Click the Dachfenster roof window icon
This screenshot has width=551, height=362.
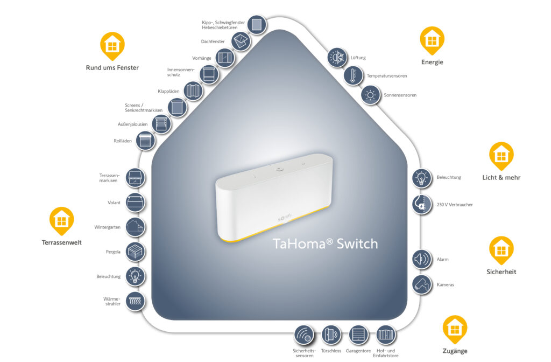pos(241,41)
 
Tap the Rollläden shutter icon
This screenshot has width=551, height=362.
pos(145,141)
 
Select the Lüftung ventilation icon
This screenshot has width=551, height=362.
pos(338,57)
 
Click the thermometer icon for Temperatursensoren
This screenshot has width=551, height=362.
pos(354,76)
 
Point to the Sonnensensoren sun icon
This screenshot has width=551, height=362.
pos(370,95)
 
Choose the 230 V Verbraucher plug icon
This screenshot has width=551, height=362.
pos(422,205)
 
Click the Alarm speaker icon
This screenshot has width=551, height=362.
pos(422,260)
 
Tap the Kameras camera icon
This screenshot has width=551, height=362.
pos(422,284)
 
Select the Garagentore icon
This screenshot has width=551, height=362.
pos(358,335)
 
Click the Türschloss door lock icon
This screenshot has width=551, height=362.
pos(331,335)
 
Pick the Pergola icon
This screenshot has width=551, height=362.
pos(135,252)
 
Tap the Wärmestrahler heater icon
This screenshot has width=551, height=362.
pos(135,301)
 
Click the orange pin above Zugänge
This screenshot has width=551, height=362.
pos(455,329)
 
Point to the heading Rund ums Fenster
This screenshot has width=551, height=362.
pos(112,68)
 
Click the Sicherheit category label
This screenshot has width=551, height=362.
pos(501,272)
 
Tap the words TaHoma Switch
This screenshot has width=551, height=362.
pos(325,243)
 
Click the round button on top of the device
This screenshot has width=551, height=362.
pos(279,168)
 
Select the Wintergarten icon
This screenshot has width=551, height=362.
pos(135,227)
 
